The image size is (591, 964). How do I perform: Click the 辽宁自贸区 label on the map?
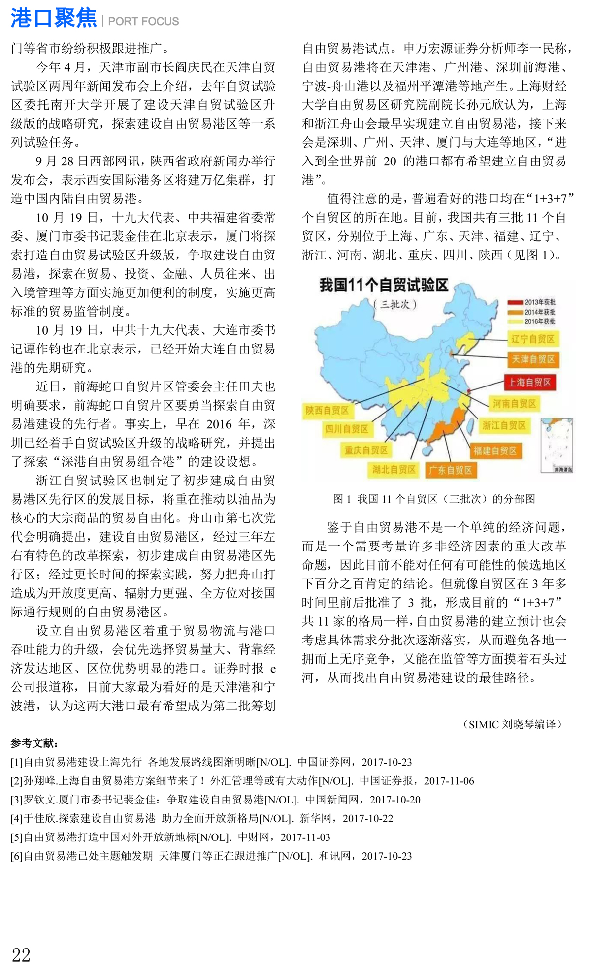click(x=532, y=339)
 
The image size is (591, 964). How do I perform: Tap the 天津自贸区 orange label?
click(x=533, y=359)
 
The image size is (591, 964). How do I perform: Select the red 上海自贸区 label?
click(x=530, y=382)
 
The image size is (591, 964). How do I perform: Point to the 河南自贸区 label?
click(x=514, y=404)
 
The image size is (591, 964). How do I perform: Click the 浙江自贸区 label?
click(x=504, y=425)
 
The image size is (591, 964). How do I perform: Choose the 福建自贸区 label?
click(x=495, y=450)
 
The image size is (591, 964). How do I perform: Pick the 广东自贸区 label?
click(x=450, y=470)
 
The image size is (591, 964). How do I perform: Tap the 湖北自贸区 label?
click(x=394, y=469)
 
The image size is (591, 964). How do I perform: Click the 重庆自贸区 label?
click(x=366, y=450)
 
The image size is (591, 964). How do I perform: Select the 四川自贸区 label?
click(x=347, y=429)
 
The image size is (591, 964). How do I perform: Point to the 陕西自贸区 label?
click(x=327, y=410)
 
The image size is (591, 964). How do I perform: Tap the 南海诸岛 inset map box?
click(x=557, y=445)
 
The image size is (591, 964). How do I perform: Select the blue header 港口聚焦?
click(x=54, y=19)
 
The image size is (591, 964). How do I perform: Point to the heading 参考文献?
click(x=34, y=743)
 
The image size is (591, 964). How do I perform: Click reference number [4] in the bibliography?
click(x=17, y=818)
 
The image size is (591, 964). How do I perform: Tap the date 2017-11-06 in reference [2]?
click(x=449, y=781)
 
